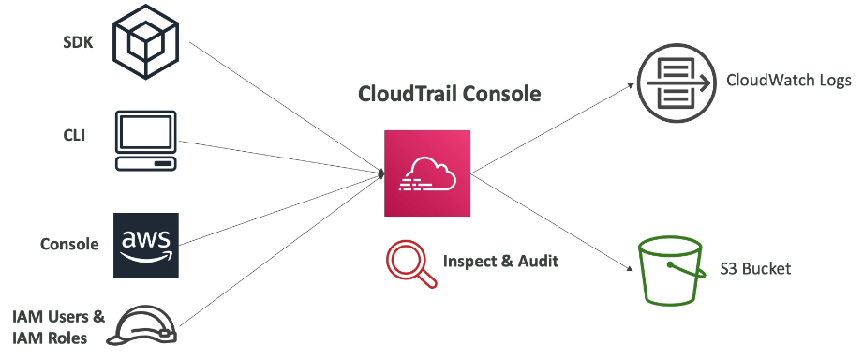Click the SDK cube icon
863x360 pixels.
[x=146, y=42]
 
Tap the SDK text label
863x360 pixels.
[x=78, y=43]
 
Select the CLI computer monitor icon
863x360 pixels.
[x=146, y=141]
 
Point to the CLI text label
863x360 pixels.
[x=74, y=135]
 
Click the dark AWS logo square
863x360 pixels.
[x=146, y=245]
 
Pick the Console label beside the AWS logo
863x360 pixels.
[x=70, y=244]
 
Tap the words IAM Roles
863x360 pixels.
[x=50, y=337]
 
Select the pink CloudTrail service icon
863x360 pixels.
[x=427, y=173]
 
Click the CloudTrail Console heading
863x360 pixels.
[x=450, y=94]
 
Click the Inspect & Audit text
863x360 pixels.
[x=501, y=261]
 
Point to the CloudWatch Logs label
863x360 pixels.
[x=789, y=81]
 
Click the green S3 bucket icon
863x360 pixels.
[x=672, y=272]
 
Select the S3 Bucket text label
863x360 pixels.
[x=755, y=269]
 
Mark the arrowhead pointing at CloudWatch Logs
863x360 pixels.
[x=631, y=85]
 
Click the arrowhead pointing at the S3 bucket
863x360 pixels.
[x=629, y=268]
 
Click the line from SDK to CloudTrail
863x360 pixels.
[x=285, y=108]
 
